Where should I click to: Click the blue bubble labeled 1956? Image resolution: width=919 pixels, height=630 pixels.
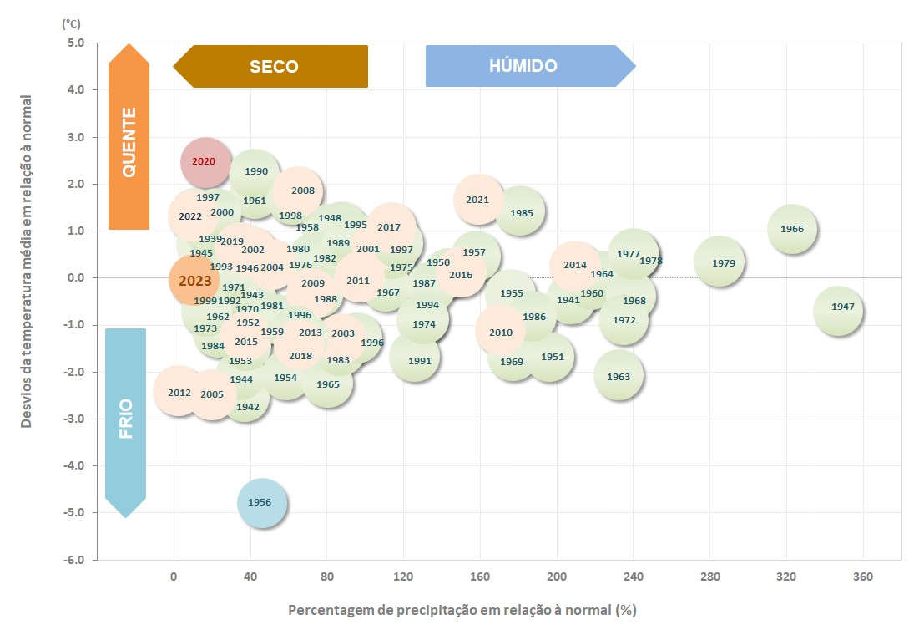[x=261, y=503]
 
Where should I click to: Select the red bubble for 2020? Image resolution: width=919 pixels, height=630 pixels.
[x=205, y=162]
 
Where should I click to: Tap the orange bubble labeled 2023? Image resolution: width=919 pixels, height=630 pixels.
[x=194, y=281]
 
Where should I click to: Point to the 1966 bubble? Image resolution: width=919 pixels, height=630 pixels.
[x=791, y=229]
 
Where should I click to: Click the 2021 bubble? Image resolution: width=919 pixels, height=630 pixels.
[x=478, y=200]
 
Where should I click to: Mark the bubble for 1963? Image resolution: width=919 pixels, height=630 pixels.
[x=619, y=377]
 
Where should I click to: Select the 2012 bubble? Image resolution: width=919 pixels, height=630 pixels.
[x=179, y=391]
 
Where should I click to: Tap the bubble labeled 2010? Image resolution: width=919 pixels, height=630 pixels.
[x=501, y=331]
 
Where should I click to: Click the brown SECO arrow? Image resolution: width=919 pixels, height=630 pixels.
[x=270, y=66]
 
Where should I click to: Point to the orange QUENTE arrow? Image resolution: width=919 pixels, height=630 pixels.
[x=129, y=136]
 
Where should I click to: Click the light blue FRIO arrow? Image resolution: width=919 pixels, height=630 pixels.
[x=126, y=422]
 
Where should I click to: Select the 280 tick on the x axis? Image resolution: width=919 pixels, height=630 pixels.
[x=710, y=577]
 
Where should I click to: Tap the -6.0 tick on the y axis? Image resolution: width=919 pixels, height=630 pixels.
[x=76, y=559]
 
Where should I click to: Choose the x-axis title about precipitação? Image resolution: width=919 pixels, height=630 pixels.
[x=462, y=610]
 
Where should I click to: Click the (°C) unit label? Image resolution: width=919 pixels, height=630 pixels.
[x=72, y=24]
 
